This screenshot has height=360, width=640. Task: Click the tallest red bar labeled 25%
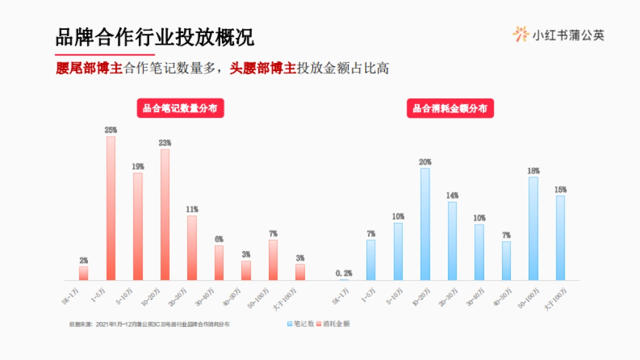click(x=111, y=208)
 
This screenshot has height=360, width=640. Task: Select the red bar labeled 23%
click(x=165, y=214)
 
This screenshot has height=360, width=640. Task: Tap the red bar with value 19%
click(x=138, y=226)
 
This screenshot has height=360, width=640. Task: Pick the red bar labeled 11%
click(x=192, y=247)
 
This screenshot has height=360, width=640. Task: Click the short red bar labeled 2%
click(x=84, y=273)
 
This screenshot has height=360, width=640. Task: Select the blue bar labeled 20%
click(x=425, y=224)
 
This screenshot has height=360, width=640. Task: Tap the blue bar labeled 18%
click(x=533, y=228)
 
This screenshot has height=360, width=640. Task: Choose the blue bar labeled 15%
click(x=560, y=237)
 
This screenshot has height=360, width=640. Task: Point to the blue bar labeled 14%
click(x=452, y=241)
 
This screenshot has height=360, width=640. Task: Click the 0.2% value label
click(x=344, y=274)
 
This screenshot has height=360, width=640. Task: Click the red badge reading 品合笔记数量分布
click(x=180, y=109)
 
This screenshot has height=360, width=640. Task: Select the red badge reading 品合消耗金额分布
click(x=450, y=109)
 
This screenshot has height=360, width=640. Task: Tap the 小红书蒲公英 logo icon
click(x=521, y=34)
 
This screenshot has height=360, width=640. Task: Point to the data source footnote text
click(x=149, y=324)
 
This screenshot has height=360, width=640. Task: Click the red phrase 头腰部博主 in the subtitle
click(x=262, y=69)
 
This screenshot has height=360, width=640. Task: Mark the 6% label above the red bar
click(x=219, y=239)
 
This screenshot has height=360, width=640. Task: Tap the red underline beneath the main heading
click(x=105, y=55)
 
